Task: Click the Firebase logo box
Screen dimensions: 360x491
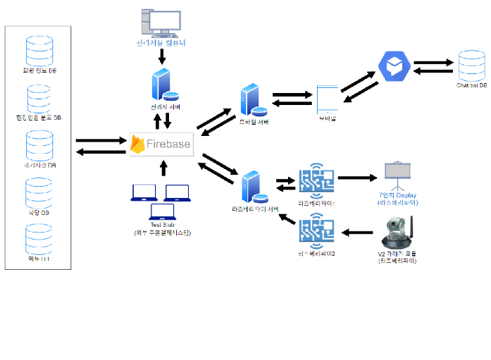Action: pos(161,144)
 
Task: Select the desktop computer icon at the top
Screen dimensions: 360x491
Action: pos(161,23)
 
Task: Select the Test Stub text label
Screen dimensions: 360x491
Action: pos(163,225)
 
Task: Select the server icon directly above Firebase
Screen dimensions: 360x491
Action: pos(163,87)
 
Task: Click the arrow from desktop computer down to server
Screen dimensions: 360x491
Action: pos(162,56)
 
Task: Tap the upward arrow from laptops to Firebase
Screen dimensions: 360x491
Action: pos(163,167)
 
